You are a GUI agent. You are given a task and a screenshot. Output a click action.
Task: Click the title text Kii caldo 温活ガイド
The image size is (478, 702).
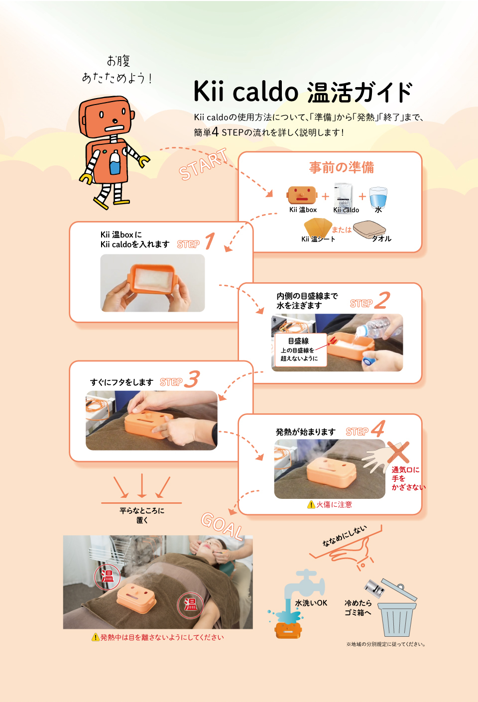click(x=303, y=92)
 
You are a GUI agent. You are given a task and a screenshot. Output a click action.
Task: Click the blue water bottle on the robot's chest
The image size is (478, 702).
click(x=115, y=162)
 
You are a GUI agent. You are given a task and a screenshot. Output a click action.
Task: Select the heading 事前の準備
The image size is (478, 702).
click(x=342, y=167)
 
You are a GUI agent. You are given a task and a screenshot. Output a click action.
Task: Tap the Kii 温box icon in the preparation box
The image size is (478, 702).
click(x=302, y=195)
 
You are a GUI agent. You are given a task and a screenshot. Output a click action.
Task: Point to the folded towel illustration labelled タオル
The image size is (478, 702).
click(x=369, y=230)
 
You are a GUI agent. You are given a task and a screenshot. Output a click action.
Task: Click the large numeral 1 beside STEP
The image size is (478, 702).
click(x=210, y=240)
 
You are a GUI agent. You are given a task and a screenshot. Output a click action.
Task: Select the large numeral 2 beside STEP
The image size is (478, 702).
click(x=382, y=300)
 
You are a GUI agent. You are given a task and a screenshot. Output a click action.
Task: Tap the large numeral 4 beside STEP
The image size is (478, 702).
click(x=378, y=428)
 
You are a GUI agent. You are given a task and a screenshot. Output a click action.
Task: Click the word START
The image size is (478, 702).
click(x=203, y=164)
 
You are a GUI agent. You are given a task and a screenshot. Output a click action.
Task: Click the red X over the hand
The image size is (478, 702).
click(x=398, y=452)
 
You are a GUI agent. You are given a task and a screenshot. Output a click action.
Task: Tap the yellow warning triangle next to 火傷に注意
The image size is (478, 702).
click(x=311, y=504)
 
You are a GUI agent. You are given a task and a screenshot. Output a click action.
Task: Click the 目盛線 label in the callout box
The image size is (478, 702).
click(x=298, y=341)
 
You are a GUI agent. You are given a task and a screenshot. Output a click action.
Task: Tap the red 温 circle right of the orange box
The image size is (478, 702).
click(x=190, y=604)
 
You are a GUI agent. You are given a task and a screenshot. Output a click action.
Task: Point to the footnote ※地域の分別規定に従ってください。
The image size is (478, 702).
click(x=386, y=644)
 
